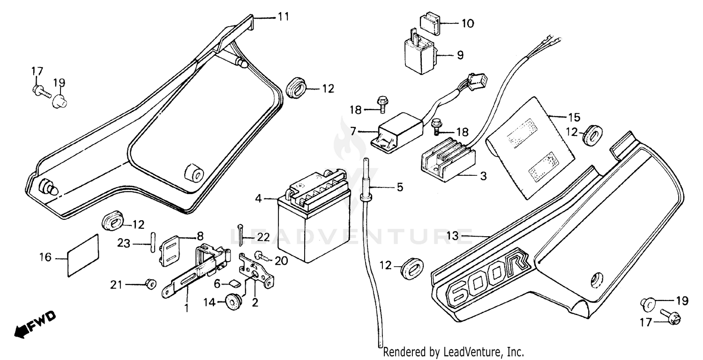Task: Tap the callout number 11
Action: (283, 17)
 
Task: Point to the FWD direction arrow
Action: (35, 323)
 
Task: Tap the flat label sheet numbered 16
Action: (83, 255)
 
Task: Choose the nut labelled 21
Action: (150, 284)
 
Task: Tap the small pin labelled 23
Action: (152, 243)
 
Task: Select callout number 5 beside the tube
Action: (399, 187)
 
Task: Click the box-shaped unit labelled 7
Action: (394, 127)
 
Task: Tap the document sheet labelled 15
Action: (530, 136)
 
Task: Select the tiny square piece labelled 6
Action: (235, 283)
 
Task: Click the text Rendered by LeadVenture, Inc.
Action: (453, 352)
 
